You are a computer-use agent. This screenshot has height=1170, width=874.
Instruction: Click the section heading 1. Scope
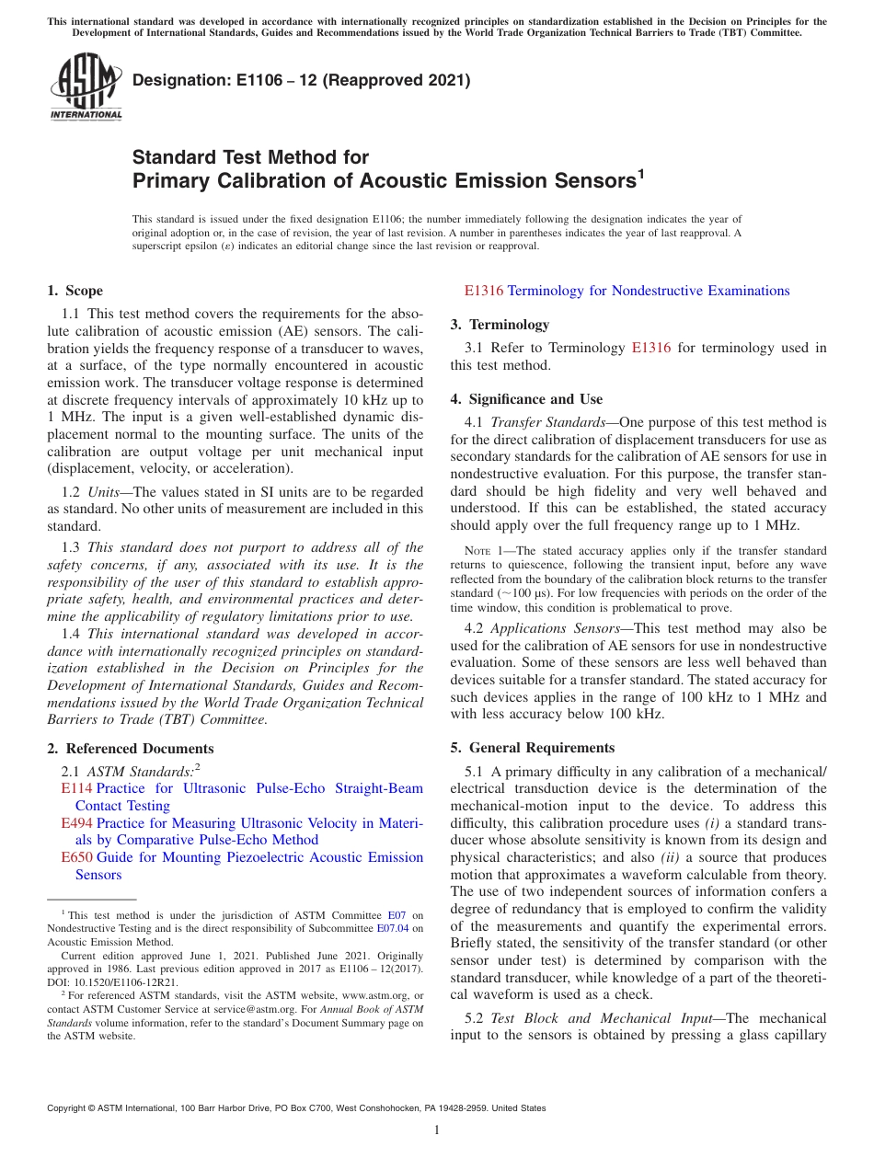[75, 291]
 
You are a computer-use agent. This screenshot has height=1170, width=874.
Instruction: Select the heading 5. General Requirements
[532, 748]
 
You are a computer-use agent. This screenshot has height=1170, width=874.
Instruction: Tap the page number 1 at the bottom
[436, 1130]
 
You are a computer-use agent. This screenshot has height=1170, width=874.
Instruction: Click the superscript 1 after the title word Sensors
[640, 174]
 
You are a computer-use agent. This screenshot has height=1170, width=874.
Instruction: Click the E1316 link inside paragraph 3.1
[650, 348]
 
